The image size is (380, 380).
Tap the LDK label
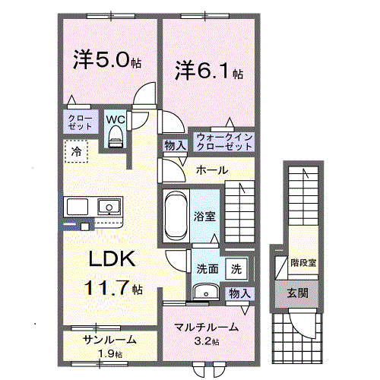coord(114,259)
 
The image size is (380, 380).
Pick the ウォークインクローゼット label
coord(223,141)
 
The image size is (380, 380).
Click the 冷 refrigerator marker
coord(76,152)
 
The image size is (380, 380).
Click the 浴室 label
coord(205,216)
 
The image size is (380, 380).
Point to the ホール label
coord(211,169)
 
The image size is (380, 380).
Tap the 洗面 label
coord(207,268)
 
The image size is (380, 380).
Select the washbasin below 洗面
coord(204,293)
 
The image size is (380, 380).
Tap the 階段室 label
coord(303,263)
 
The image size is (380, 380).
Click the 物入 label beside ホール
coord(173,145)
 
